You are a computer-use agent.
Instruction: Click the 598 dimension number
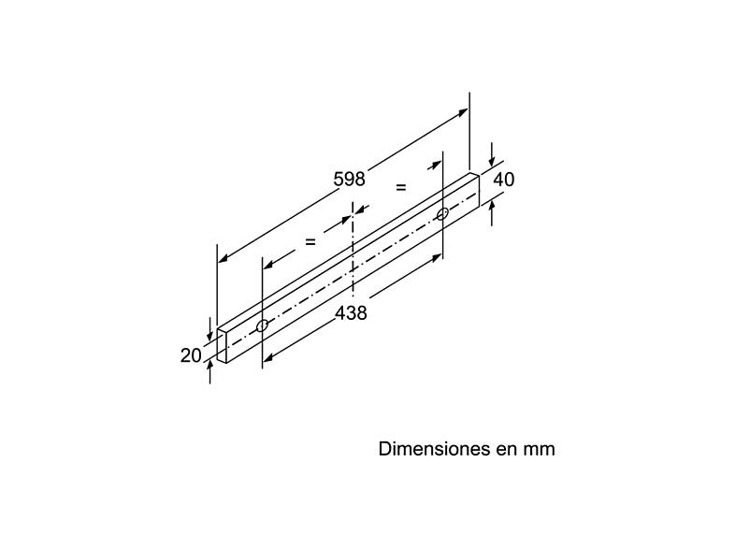tap(349, 179)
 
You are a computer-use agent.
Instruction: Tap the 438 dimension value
tap(351, 312)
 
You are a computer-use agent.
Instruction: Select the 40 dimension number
tap(504, 180)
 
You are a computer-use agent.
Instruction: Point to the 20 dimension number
tap(191, 355)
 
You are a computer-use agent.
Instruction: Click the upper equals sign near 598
tap(401, 187)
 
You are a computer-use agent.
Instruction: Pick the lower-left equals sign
tap(310, 242)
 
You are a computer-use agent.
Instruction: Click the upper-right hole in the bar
tap(442, 214)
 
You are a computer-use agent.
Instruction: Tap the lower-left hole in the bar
tap(262, 325)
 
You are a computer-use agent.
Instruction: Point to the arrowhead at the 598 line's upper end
tap(463, 112)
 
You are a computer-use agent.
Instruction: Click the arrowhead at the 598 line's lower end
tap(223, 257)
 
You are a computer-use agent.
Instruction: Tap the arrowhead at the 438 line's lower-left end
tap(268, 357)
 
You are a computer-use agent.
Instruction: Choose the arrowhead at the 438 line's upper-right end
tap(437, 258)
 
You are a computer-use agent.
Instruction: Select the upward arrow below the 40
tap(491, 213)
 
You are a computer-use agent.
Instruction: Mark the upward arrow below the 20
tap(209, 373)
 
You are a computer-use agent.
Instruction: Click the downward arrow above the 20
tap(209, 329)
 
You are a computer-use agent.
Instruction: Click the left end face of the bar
tap(223, 345)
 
